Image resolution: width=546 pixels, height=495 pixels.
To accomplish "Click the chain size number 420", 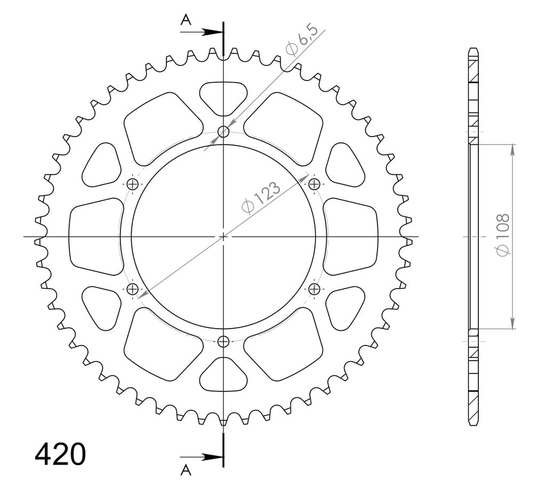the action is point(60,454).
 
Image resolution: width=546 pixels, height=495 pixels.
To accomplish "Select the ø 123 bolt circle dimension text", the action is point(261,197).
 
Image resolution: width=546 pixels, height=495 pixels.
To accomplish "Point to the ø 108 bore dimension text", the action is point(503,235).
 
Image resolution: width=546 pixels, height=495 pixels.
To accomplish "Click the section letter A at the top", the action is point(186,21).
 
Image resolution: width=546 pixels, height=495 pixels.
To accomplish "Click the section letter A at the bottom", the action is point(186,470).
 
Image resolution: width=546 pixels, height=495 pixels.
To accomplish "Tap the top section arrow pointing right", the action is point(202,32).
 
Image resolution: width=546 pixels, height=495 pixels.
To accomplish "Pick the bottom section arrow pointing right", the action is point(202,457).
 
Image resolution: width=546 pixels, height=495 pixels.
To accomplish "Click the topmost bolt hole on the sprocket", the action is point(223,132).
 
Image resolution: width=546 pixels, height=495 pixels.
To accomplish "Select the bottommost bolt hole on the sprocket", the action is point(223,342).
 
